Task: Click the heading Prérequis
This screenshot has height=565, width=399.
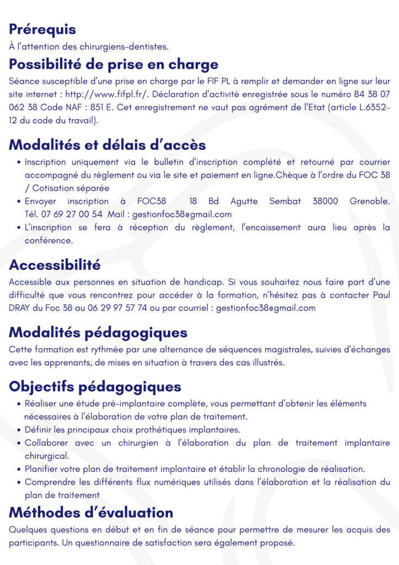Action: pos(42,29)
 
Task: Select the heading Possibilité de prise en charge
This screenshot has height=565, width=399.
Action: pos(114,64)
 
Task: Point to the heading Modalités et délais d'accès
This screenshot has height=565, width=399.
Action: pos(107,145)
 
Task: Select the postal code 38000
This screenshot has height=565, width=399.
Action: pos(325,201)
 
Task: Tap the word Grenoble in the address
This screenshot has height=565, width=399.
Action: pos(369,201)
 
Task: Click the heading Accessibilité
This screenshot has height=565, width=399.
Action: pos(55,265)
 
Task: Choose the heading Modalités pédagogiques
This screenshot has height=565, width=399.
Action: pos(98,333)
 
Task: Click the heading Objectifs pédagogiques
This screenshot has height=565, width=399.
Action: pos(95,386)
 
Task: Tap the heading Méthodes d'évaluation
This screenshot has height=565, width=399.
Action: pos(91,513)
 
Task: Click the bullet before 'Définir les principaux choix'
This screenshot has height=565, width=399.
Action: pos(20,430)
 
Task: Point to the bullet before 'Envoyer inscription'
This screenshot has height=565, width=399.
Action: pos(20,202)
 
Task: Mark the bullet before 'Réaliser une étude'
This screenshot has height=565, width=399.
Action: pos(20,404)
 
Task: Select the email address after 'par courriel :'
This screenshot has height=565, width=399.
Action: pos(266,308)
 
